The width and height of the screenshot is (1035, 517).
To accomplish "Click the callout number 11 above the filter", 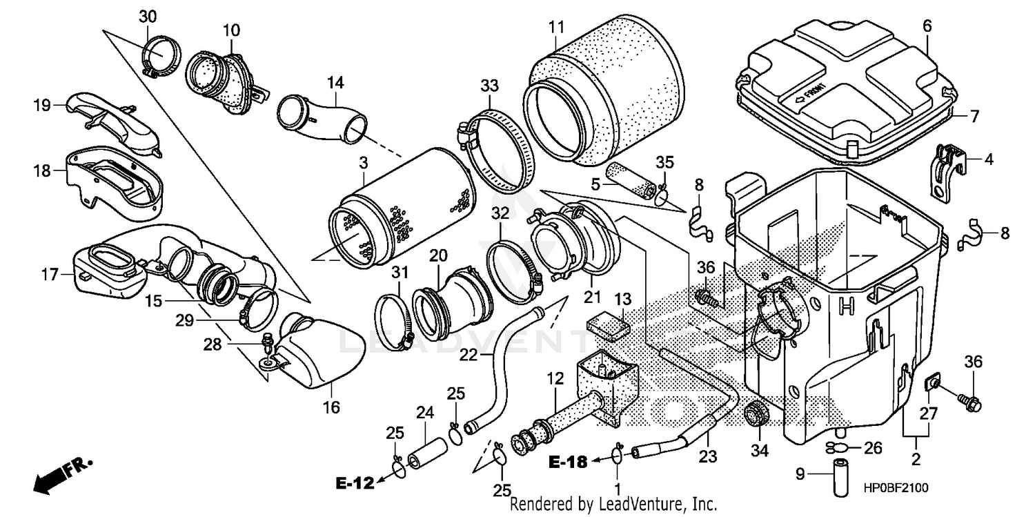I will point(556,28).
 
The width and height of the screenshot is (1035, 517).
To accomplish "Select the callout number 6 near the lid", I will point(927,26).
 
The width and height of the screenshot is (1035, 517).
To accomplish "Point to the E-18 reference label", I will point(569,462).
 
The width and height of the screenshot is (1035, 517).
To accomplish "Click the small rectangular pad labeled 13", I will point(608,324).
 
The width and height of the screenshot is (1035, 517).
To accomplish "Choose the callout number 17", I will point(49,275).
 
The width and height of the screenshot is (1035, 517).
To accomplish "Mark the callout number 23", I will point(708,456).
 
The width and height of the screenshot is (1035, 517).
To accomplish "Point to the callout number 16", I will point(332,407).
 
